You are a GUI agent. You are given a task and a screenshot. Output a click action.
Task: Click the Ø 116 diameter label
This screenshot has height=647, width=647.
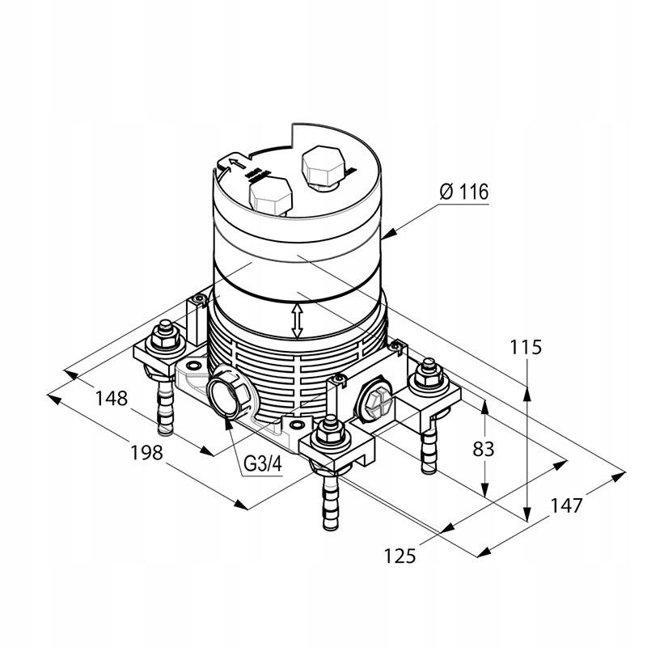[464, 192]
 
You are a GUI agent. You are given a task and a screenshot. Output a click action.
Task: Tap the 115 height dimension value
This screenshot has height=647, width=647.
[526, 348]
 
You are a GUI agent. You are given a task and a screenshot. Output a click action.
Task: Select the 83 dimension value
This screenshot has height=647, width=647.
[483, 449]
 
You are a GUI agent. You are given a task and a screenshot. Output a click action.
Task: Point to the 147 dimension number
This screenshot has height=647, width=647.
[566, 505]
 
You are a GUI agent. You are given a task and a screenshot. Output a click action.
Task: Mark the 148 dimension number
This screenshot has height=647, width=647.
[111, 398]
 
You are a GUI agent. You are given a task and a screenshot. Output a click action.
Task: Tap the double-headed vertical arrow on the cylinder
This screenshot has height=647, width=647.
[298, 321]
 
